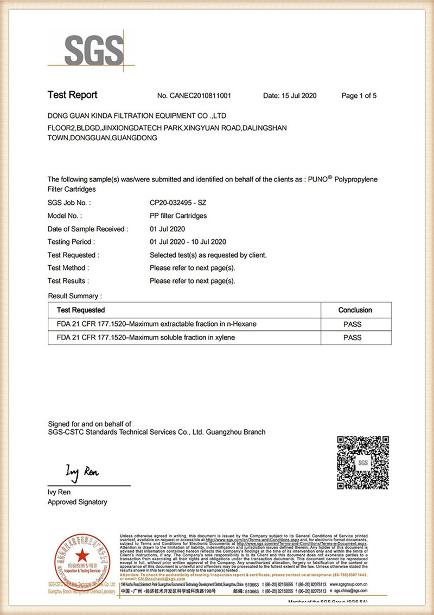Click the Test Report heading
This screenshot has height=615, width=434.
coord(72,95)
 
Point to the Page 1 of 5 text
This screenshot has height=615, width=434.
coord(359,96)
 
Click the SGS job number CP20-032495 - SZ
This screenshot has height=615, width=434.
coord(178,203)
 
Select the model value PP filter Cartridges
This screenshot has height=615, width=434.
coord(178,216)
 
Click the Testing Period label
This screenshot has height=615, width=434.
coord(71,242)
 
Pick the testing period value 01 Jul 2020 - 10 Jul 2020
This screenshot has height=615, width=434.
coord(188,242)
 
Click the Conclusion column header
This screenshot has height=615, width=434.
coord(355,310)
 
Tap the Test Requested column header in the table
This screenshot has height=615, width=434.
coord(81,310)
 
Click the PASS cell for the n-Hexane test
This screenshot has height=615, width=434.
coord(353,324)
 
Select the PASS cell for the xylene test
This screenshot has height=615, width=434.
coord(353,337)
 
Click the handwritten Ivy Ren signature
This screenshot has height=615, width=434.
coord(82,472)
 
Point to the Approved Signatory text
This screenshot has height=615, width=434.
coord(78,503)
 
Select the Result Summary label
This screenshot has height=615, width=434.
coord(75,296)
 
